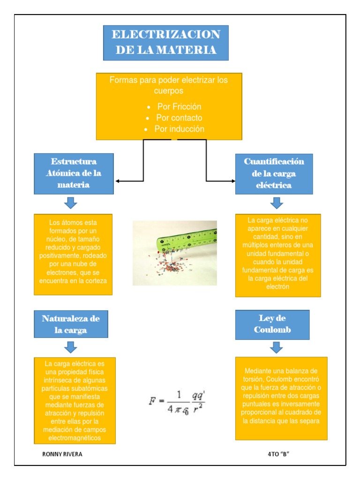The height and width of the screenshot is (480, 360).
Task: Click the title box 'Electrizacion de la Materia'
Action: click(x=166, y=42)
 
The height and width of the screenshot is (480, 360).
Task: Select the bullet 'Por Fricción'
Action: click(x=179, y=107)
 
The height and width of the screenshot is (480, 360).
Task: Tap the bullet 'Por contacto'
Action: click(x=179, y=118)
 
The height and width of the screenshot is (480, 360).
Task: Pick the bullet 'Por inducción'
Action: click(x=179, y=129)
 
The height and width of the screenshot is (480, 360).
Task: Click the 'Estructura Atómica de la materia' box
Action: click(x=74, y=173)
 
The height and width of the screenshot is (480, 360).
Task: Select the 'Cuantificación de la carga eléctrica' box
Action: click(x=274, y=173)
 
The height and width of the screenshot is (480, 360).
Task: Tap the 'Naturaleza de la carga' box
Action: click(x=71, y=324)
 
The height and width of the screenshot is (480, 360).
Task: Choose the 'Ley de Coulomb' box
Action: click(x=272, y=324)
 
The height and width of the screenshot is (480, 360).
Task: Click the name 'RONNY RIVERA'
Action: click(x=59, y=454)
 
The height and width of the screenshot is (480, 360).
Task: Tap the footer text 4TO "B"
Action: click(x=279, y=454)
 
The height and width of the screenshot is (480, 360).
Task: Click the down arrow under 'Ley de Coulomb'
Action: click(x=277, y=347)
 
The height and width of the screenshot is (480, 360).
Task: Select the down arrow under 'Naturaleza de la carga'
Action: click(x=71, y=347)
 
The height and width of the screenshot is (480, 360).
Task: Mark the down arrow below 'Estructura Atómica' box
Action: click(x=71, y=203)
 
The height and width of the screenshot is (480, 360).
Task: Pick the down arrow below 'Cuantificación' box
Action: click(x=277, y=203)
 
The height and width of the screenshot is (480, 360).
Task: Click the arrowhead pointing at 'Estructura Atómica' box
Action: click(x=118, y=181)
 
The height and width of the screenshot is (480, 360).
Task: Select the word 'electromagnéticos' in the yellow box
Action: click(x=75, y=438)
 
